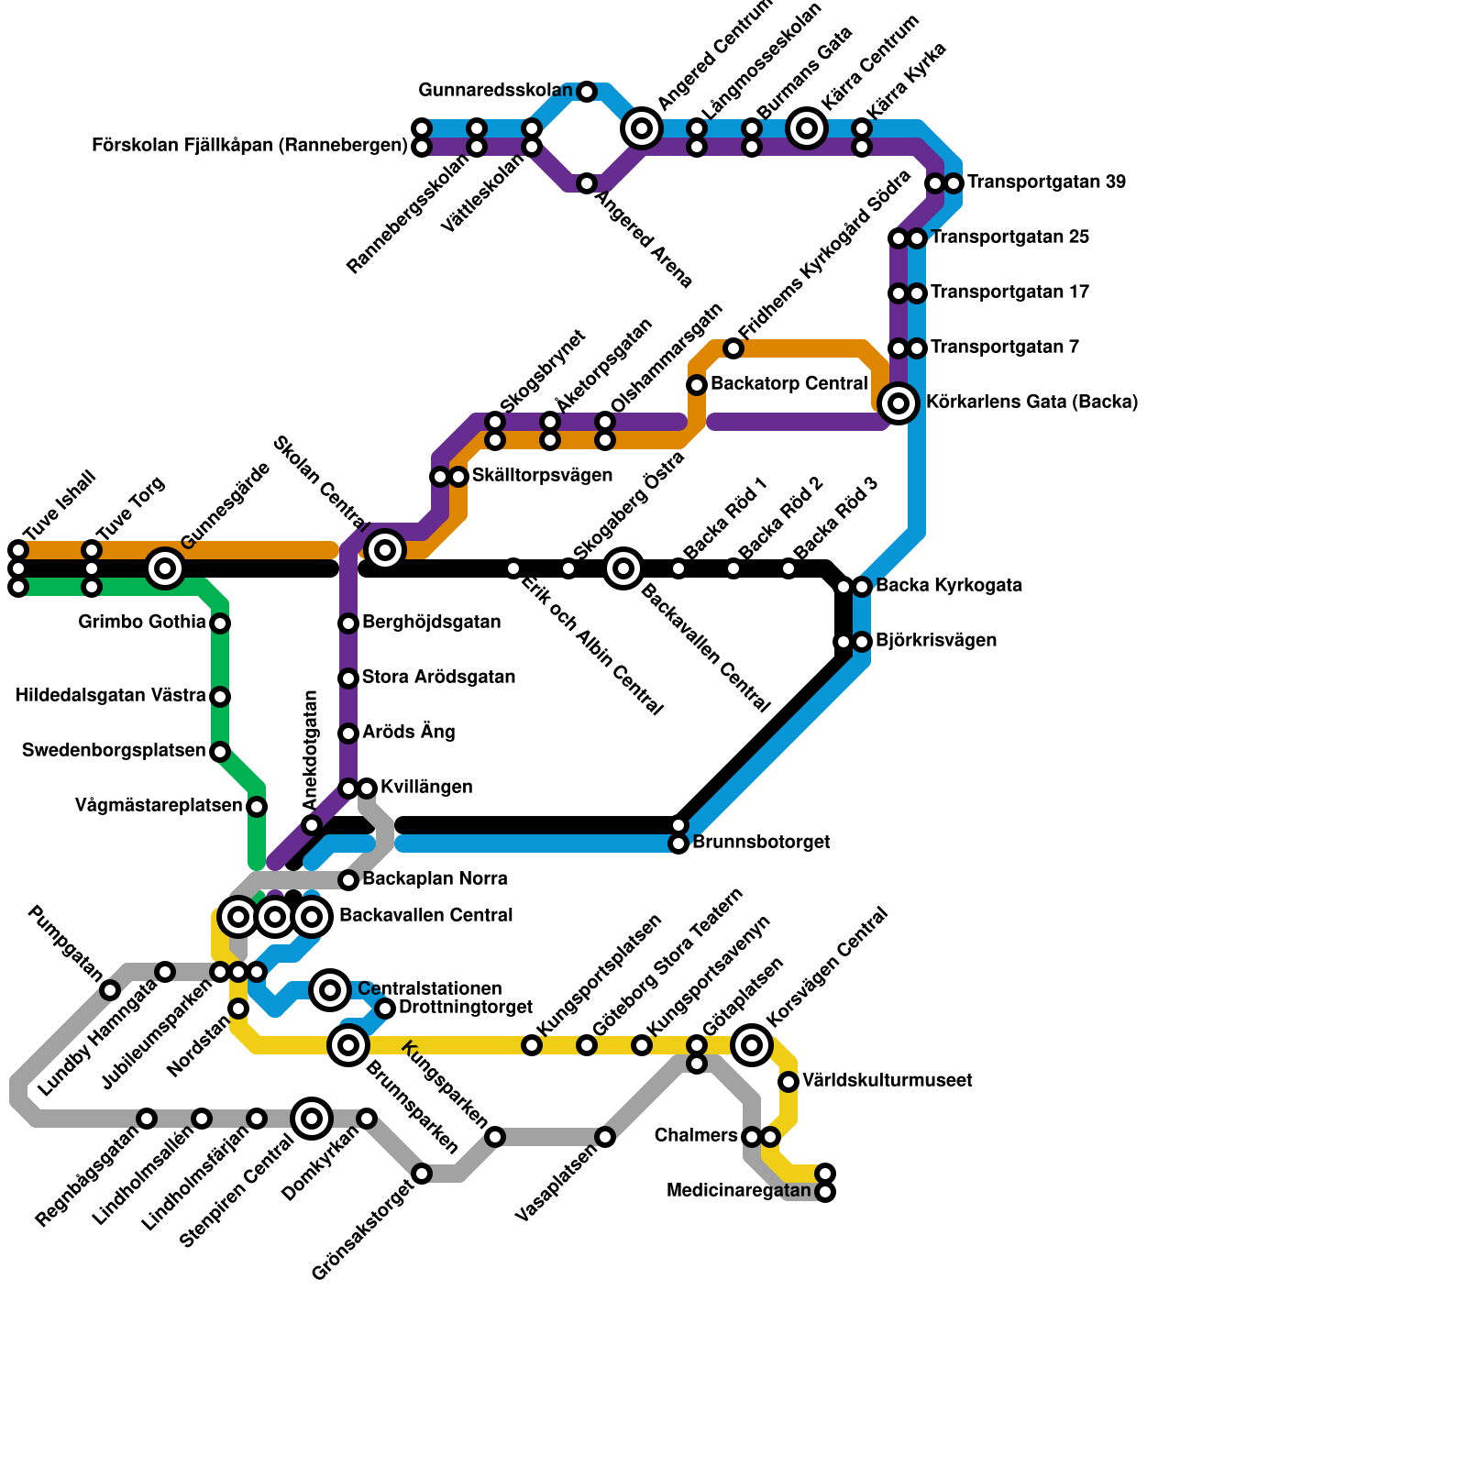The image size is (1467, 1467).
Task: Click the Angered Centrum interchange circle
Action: [642, 128]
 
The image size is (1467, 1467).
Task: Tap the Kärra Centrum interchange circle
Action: [807, 128]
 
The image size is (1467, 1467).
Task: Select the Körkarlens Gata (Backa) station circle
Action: [899, 403]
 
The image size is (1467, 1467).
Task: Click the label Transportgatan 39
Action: [1046, 182]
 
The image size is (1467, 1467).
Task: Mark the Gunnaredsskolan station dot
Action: [587, 92]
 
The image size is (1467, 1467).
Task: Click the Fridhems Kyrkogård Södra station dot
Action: [733, 348]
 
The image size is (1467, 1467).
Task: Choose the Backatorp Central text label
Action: [789, 383]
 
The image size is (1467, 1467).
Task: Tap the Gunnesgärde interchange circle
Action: [165, 568]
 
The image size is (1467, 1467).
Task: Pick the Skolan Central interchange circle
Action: [385, 550]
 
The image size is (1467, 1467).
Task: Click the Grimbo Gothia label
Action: [142, 623]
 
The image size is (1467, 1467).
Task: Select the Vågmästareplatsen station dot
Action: [257, 807]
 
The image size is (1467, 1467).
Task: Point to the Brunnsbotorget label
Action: [761, 842]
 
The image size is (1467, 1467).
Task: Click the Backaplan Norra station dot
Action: [348, 880]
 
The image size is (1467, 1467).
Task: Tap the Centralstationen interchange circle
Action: [330, 990]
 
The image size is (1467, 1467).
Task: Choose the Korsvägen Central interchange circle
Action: [752, 1045]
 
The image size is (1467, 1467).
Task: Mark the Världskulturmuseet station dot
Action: [789, 1082]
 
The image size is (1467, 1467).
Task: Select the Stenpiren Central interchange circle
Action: [312, 1119]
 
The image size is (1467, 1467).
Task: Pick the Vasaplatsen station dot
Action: [605, 1137]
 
